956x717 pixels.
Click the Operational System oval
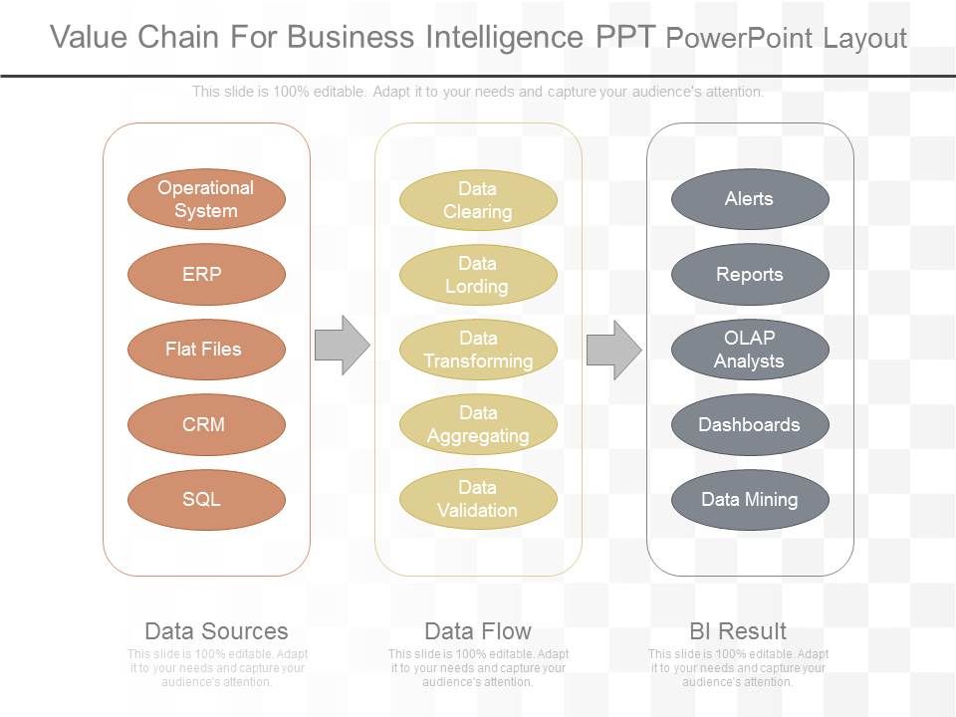[206, 199]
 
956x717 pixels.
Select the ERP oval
[206, 274]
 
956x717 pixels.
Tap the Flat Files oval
[206, 350]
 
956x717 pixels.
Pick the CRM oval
[206, 424]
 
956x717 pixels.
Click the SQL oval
[206, 499]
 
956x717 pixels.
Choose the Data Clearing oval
[478, 200]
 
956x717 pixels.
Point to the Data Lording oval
[478, 275]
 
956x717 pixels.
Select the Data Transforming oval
[478, 350]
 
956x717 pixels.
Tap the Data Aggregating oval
[478, 424]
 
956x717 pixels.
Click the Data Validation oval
[478, 499]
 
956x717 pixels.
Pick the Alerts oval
[750, 199]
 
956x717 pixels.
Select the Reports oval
[750, 274]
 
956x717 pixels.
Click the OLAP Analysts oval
[750, 350]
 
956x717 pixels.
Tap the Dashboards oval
[750, 424]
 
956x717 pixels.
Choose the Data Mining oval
[750, 499]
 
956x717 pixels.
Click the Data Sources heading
[216, 631]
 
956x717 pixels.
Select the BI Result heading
[738, 631]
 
